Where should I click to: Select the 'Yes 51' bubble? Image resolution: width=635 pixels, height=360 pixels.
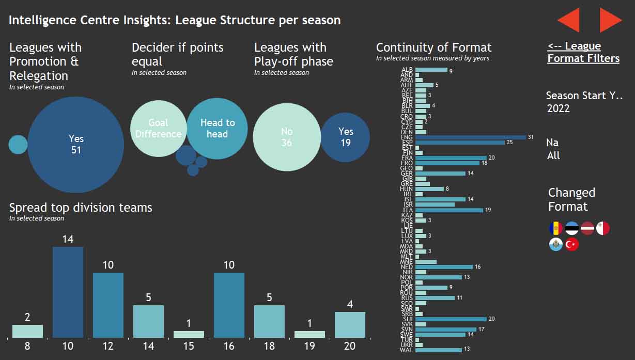(76, 145)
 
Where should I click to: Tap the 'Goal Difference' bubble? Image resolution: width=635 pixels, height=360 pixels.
(158, 129)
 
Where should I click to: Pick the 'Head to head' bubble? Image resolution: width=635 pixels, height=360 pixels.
(217, 128)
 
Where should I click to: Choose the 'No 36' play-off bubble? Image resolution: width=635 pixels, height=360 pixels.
(287, 137)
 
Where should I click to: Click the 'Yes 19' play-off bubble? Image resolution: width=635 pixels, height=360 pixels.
(345, 137)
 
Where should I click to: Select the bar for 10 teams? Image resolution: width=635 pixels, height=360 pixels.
(68, 292)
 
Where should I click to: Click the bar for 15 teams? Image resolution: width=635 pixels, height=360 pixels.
(189, 334)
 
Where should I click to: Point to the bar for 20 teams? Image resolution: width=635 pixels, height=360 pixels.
(350, 324)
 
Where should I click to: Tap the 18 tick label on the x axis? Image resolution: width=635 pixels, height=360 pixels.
(269, 346)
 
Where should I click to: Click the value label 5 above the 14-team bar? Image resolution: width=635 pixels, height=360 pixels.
(148, 298)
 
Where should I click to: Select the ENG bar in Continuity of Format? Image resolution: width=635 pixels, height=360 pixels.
(470, 137)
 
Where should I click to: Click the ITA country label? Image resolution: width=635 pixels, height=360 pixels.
(408, 210)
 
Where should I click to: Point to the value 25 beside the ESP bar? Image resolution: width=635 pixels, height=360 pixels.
(509, 143)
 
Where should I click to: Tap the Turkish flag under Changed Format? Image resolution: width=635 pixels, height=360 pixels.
(571, 245)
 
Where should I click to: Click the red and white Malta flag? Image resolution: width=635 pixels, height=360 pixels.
(602, 228)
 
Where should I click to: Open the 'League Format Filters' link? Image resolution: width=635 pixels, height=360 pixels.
(583, 52)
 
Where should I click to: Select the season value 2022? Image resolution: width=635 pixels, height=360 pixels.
(559, 108)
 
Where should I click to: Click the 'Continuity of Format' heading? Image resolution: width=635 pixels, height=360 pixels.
(433, 48)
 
